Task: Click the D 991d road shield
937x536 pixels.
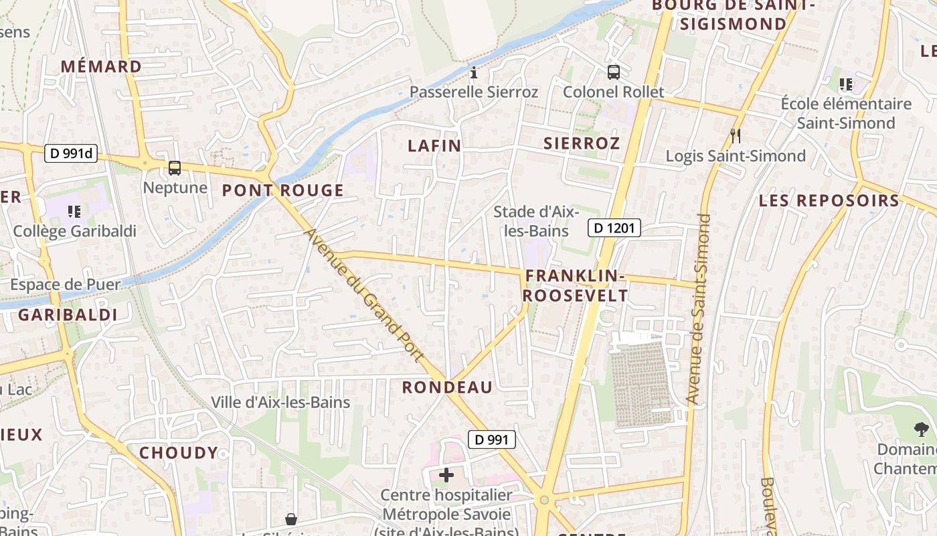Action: (71, 153)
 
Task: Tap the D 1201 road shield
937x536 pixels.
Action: (614, 228)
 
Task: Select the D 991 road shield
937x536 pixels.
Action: (491, 440)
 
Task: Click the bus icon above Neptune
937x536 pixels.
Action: (174, 168)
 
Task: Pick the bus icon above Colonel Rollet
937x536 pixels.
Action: (613, 72)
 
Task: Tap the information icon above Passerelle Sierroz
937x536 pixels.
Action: (474, 72)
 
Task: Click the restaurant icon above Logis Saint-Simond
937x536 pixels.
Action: (736, 136)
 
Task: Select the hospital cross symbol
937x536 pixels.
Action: (446, 476)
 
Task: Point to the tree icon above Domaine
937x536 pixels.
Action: (921, 429)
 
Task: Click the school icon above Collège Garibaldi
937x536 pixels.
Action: (74, 212)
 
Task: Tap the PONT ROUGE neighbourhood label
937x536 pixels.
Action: (282, 191)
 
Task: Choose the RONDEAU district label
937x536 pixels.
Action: (447, 387)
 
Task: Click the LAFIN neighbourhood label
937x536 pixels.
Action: (434, 145)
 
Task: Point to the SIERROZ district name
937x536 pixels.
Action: (582, 143)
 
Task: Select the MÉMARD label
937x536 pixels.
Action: (101, 67)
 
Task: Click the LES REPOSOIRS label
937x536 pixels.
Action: (829, 200)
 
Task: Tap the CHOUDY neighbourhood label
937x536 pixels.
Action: (179, 453)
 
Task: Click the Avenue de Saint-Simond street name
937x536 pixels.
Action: (698, 308)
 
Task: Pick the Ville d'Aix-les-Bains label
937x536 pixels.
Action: (280, 403)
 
